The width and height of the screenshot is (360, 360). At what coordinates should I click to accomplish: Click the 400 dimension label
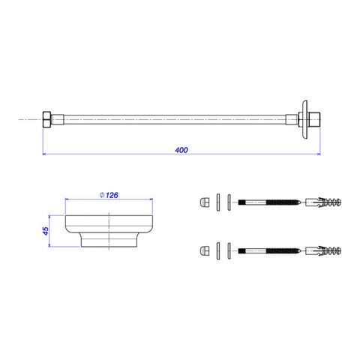[181, 150]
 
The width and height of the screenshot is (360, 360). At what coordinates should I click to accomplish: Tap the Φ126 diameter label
[109, 195]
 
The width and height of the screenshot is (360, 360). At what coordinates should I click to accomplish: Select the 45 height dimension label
[46, 231]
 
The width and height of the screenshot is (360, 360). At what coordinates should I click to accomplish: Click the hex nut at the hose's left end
[46, 119]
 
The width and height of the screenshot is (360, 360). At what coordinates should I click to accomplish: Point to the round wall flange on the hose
[304, 119]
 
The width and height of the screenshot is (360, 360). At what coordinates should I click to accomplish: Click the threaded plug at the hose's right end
[315, 119]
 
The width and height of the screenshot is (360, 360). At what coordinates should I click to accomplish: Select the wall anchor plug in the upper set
[323, 202]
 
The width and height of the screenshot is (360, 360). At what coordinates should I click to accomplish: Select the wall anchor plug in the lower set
[323, 250]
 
